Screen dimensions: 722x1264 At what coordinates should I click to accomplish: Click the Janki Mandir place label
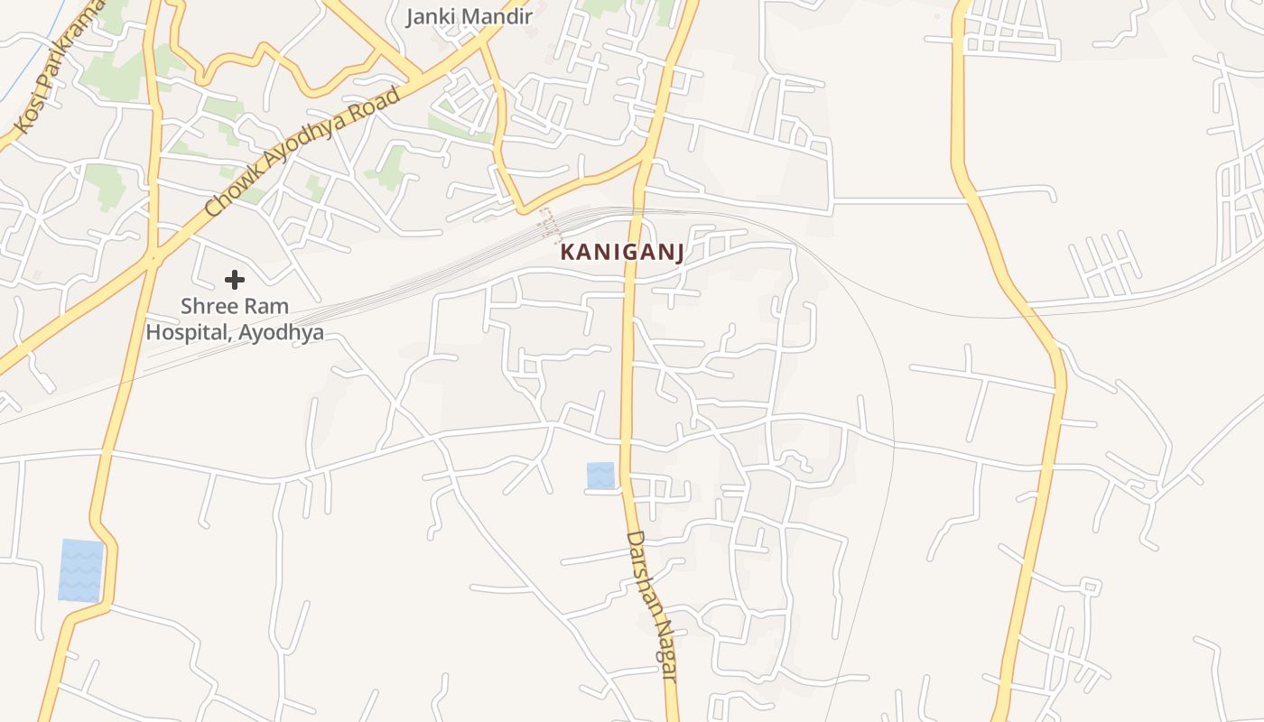tap(469, 16)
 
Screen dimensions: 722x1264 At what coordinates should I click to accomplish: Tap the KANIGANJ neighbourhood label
tap(621, 253)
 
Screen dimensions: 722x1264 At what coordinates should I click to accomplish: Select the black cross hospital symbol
tap(235, 280)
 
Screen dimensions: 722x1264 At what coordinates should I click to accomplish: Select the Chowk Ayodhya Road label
tap(302, 152)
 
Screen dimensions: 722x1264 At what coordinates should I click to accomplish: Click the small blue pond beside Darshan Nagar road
tap(600, 476)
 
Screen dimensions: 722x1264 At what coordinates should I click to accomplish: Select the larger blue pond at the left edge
tap(81, 570)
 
